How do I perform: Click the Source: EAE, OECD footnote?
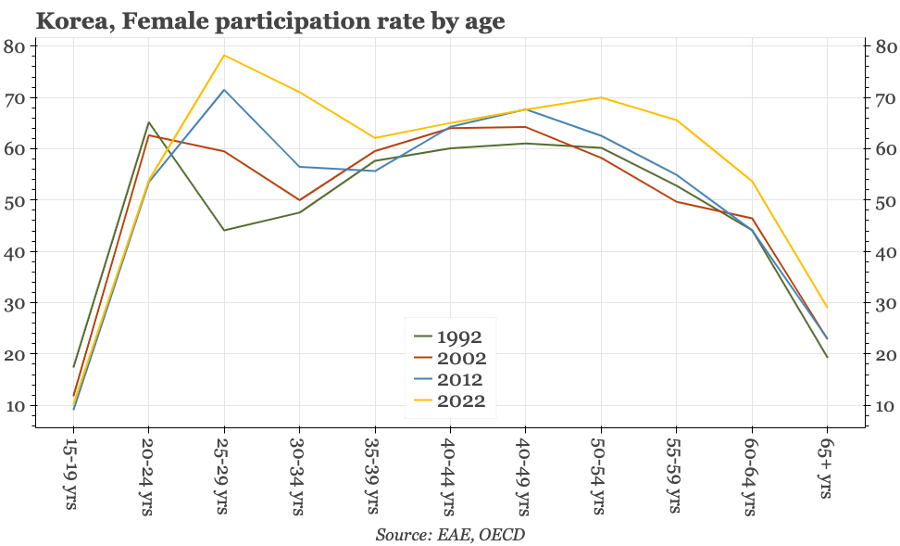click(450, 534)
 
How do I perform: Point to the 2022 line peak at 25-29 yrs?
click(224, 56)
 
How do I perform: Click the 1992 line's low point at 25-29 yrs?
click(224, 230)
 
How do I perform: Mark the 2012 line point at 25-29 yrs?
click(224, 90)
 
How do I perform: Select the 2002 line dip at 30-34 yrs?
click(299, 200)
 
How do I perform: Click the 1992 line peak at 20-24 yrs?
click(149, 122)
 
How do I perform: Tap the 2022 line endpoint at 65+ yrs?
click(827, 308)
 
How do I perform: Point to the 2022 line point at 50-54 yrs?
click(601, 97)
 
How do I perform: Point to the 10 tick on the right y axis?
click(883, 406)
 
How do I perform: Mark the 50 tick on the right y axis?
click(883, 201)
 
